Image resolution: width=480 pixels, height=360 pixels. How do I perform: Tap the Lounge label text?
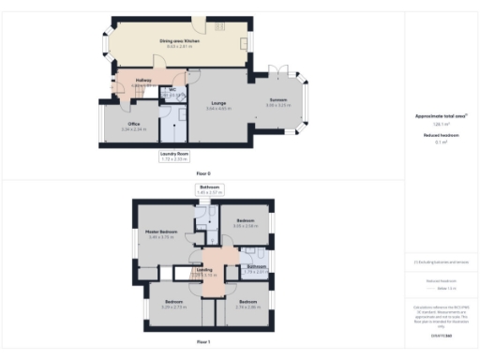pyautogui.click(x=218, y=107)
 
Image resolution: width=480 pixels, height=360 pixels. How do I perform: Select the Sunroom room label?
pyautogui.click(x=277, y=102)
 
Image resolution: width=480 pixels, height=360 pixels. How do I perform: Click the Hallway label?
pyautogui.click(x=143, y=82)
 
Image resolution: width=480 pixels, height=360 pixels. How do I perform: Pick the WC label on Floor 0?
pyautogui.click(x=172, y=92)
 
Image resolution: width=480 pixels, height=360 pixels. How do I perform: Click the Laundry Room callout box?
pyautogui.click(x=174, y=157)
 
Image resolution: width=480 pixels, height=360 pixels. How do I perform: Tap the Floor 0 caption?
pyautogui.click(x=203, y=174)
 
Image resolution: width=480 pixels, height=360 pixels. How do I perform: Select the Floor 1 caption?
pyautogui.click(x=203, y=342)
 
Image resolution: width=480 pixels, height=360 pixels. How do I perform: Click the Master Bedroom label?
pyautogui.click(x=161, y=233)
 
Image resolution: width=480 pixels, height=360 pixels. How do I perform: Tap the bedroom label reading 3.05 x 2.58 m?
pyautogui.click(x=245, y=223)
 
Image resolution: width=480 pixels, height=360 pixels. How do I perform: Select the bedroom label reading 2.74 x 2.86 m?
pyautogui.click(x=247, y=304)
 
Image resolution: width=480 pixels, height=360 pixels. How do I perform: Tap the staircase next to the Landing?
pyautogui.click(x=194, y=273)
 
